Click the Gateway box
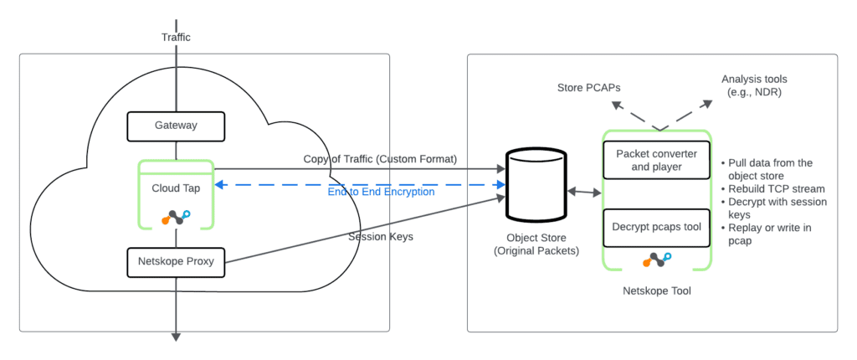pos(176,126)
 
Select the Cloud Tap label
pos(176,188)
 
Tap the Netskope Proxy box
pos(176,261)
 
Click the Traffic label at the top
pos(176,38)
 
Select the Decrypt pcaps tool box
pos(656,228)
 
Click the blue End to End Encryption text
pos(381,192)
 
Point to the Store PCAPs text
pos(588,86)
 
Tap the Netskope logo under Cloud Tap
pos(176,217)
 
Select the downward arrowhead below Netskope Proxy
pos(176,336)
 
